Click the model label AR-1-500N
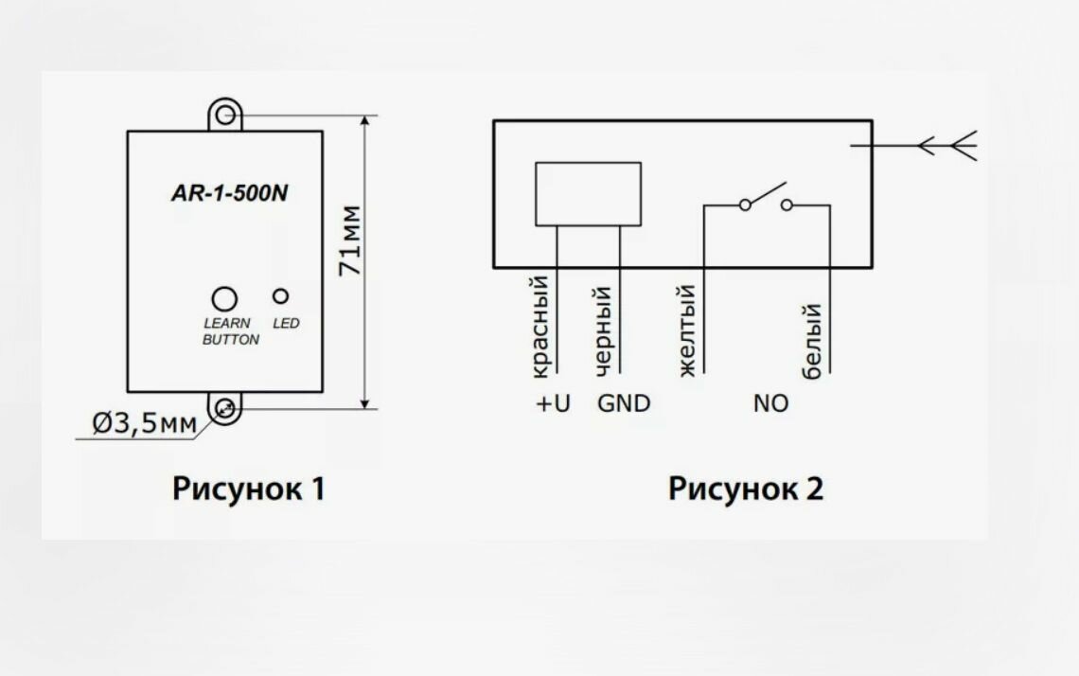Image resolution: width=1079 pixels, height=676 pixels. (x=229, y=193)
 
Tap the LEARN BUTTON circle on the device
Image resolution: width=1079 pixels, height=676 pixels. (x=223, y=298)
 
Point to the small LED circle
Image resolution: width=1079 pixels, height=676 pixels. (x=281, y=295)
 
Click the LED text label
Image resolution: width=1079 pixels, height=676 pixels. (x=286, y=324)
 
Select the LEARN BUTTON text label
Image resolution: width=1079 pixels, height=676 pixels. (x=230, y=331)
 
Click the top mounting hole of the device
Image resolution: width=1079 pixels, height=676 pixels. (x=225, y=116)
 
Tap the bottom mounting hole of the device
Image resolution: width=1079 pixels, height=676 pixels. (x=225, y=409)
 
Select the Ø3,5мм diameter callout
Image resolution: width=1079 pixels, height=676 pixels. (x=144, y=424)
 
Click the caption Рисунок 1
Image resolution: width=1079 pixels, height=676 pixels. (x=249, y=489)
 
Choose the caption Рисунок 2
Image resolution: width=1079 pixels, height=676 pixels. (x=746, y=489)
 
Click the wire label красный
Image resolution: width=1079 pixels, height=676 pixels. (x=540, y=326)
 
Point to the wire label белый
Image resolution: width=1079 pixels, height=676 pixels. (x=811, y=342)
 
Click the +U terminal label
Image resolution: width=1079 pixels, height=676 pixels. (x=554, y=404)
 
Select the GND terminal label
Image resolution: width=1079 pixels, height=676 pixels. (x=624, y=404)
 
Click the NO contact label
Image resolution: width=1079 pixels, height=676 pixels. (x=770, y=404)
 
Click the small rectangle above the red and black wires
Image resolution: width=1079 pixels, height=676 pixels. (x=588, y=194)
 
